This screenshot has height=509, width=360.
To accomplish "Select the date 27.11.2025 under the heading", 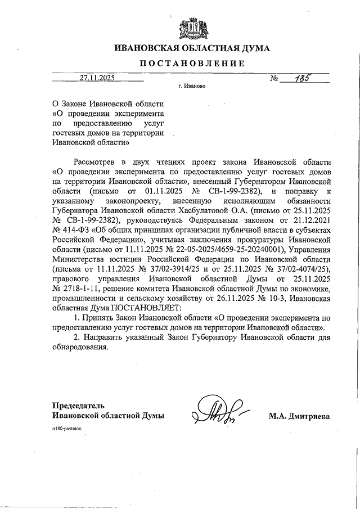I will [97, 79].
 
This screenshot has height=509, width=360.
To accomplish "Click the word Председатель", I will [78, 406].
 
